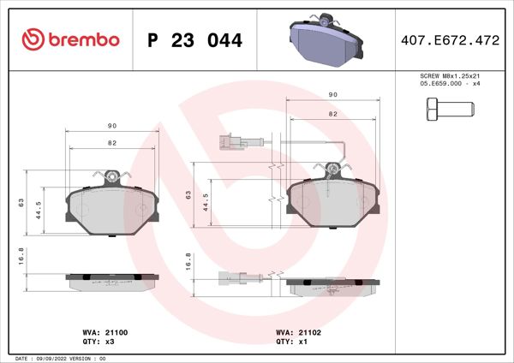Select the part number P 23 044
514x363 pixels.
click(194, 40)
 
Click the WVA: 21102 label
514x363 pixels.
click(296, 330)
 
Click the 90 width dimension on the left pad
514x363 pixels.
click(111, 127)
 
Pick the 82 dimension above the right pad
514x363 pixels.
click(332, 113)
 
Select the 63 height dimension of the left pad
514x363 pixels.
click(21, 202)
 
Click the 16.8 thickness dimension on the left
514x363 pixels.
click(21, 258)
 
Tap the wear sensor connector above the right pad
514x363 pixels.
click(229, 141)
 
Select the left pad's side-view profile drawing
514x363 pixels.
click(112, 281)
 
